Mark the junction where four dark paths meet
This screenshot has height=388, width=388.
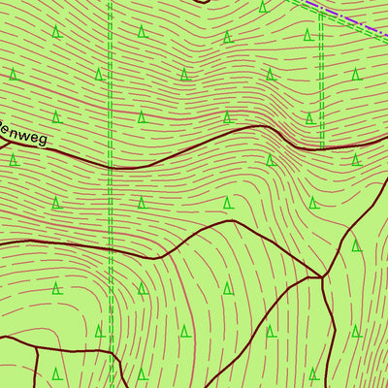(x=321, y=277)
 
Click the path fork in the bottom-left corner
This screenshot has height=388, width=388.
(x=36, y=344)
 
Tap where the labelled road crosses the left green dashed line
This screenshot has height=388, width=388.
(x=111, y=168)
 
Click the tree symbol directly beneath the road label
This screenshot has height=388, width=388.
(x=14, y=160)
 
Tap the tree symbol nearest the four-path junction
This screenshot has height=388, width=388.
(x=313, y=288)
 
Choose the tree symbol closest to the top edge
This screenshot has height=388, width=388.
(x=263, y=7)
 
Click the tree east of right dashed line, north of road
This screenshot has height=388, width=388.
(x=356, y=74)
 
